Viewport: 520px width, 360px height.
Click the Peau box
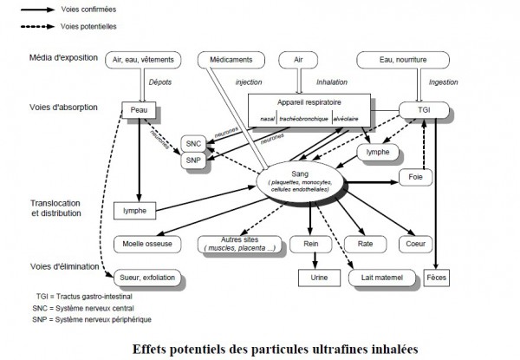[x=136, y=112]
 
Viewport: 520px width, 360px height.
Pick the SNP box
[x=193, y=160]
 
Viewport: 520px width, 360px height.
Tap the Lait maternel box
[x=378, y=278]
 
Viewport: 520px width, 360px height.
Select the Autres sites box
[x=231, y=245]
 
